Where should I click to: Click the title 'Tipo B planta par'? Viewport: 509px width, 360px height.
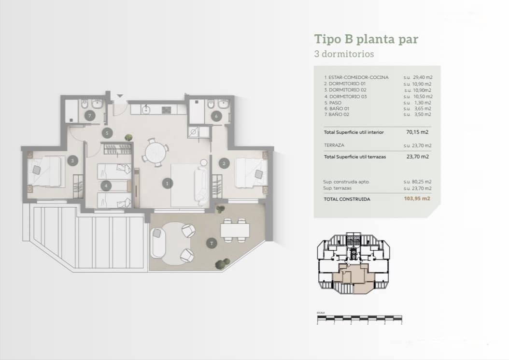point(366,39)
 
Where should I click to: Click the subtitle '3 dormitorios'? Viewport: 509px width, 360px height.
point(344,54)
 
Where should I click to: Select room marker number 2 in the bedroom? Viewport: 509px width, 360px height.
point(224,164)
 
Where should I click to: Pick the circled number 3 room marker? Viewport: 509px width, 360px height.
point(72,161)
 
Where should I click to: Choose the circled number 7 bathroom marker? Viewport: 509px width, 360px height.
point(89,116)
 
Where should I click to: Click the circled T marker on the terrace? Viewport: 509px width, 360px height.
point(211,244)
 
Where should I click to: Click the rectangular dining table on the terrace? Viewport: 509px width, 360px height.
point(235,230)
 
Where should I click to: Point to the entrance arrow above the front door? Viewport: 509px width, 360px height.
point(120,96)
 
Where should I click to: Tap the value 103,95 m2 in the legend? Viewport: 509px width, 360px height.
point(417,199)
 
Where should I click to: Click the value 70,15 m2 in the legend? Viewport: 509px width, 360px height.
point(418,132)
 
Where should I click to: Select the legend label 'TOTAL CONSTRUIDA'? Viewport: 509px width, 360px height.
point(347,199)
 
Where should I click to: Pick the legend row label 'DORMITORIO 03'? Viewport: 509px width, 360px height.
point(346,96)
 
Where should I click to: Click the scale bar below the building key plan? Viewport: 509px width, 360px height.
point(359,318)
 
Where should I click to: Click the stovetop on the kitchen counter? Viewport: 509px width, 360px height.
point(167,110)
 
